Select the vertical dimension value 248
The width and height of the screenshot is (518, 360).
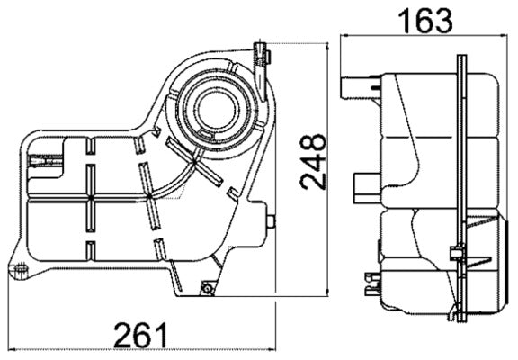312,162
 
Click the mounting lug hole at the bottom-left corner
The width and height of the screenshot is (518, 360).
17,269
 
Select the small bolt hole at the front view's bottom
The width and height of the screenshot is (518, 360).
208,288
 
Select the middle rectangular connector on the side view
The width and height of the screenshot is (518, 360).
364,186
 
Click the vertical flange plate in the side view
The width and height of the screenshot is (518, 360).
462,180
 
